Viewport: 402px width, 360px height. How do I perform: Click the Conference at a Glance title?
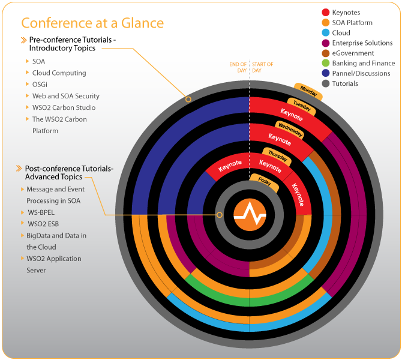[92, 23]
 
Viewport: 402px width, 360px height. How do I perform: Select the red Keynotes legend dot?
[326, 12]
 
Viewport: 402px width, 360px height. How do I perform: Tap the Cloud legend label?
[341, 33]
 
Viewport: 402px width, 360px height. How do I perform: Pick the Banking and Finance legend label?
[363, 64]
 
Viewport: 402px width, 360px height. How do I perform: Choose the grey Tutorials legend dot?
[326, 83]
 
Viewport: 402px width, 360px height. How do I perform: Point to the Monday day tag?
[308, 92]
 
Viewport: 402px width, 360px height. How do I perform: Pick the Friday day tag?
[264, 181]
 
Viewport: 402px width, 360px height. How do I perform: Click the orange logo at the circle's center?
[250, 214]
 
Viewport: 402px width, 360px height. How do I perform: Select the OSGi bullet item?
[41, 85]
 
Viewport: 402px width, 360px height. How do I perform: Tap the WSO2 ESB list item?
[43, 224]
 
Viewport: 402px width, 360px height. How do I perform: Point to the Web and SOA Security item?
[66, 96]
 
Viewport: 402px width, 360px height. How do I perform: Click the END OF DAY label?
[238, 67]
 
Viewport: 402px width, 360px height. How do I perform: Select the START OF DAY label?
[262, 67]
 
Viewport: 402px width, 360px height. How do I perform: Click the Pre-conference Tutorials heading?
[72, 44]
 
